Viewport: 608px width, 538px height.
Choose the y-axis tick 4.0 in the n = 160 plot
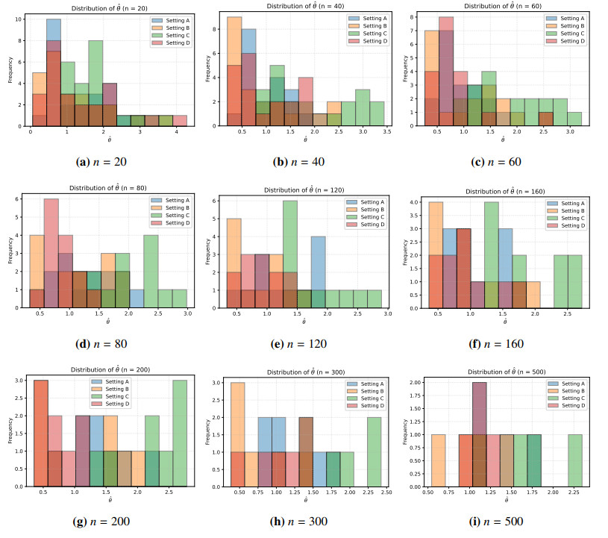pyautogui.click(x=421, y=202)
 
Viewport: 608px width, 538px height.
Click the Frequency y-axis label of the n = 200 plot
pyautogui.click(x=10, y=431)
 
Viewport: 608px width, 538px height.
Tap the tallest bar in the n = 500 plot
pyautogui.click(x=479, y=434)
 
